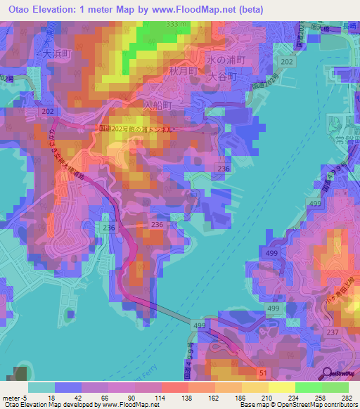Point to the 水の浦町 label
click(229, 60)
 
